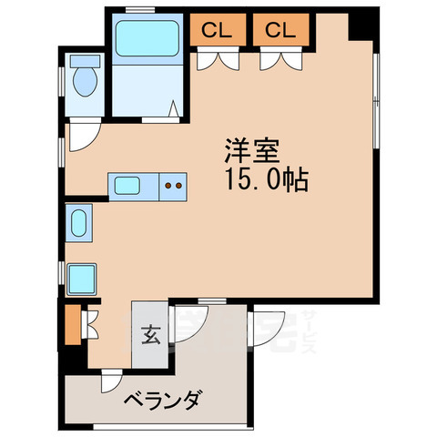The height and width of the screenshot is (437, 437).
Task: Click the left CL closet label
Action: [x=216, y=29]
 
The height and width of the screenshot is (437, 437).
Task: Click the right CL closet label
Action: [x=280, y=29]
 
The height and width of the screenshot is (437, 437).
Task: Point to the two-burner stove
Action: [x=172, y=188]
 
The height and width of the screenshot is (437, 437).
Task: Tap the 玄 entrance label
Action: [x=149, y=334]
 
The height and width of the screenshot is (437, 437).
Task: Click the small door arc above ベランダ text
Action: [x=110, y=383]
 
